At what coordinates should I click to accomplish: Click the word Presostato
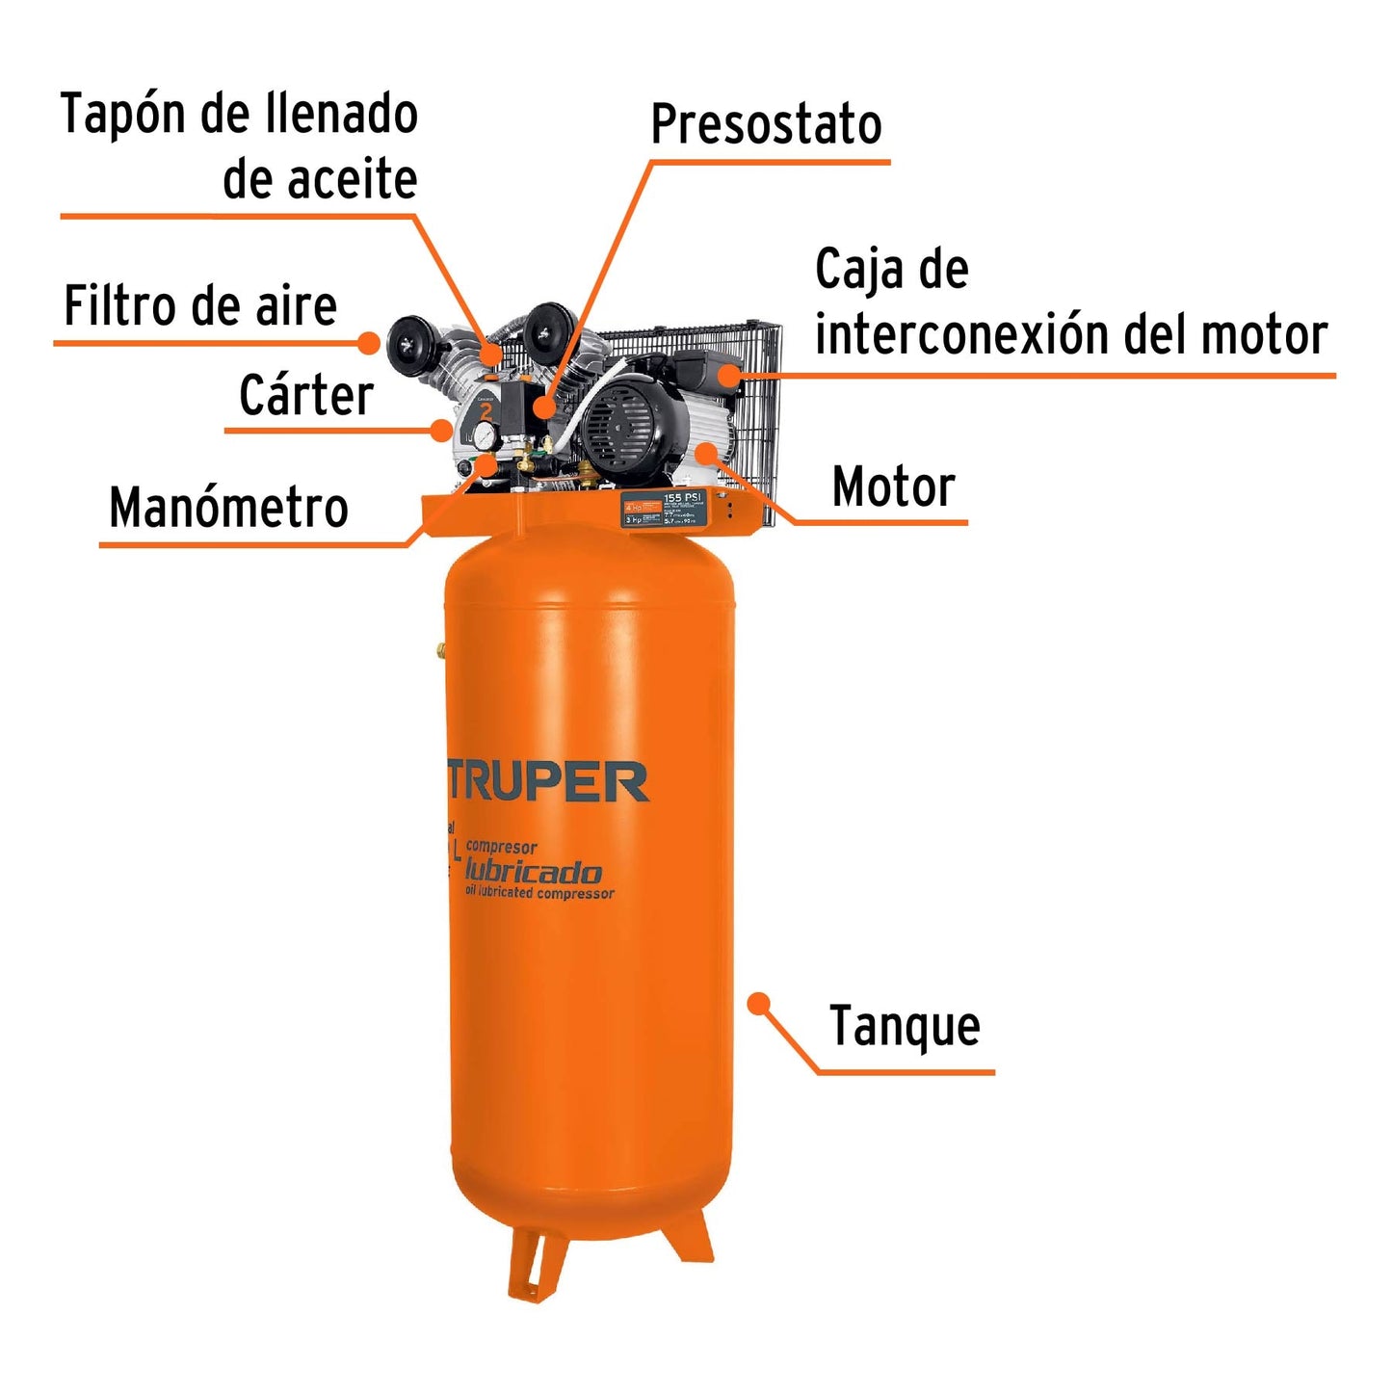tap(766, 125)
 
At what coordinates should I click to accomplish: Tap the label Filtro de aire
tap(200, 307)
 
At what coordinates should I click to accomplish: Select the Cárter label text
tap(305, 396)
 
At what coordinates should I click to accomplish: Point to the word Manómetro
tap(228, 508)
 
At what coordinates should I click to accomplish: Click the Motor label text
tap(893, 487)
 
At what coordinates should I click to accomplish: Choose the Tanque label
tap(905, 1027)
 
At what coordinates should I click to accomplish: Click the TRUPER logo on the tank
tap(548, 782)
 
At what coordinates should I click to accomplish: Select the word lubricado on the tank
tap(533, 872)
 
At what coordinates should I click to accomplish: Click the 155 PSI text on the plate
tap(684, 498)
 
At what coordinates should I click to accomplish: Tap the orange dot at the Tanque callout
tap(759, 1004)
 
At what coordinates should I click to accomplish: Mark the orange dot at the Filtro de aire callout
tap(369, 342)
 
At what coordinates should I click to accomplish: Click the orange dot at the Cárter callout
tap(442, 430)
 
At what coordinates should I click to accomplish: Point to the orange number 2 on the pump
tap(486, 412)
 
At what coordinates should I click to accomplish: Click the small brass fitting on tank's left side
tap(441, 650)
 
